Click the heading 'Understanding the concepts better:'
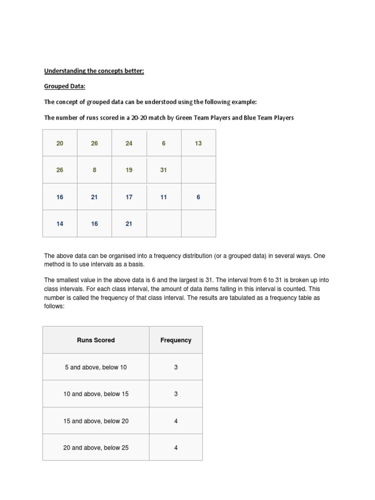pos(94,71)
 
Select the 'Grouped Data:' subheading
pos(65,86)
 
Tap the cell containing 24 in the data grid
pos(129,143)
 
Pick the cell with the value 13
pos(198,143)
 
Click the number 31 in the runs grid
pos(164,170)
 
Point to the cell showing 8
pos(94,170)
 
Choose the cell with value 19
pos(129,170)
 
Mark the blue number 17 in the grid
pos(129,197)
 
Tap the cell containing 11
pos(164,197)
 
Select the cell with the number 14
pos(60,224)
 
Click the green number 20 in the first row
pos(60,143)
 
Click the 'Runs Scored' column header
pos(96,340)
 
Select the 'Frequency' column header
pos(176,340)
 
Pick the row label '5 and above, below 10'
pos(96,367)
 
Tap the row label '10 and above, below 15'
pos(96,394)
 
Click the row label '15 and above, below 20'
pos(96,421)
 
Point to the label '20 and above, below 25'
pos(96,448)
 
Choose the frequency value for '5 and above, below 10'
pos(176,367)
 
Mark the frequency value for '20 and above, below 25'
pos(176,448)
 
